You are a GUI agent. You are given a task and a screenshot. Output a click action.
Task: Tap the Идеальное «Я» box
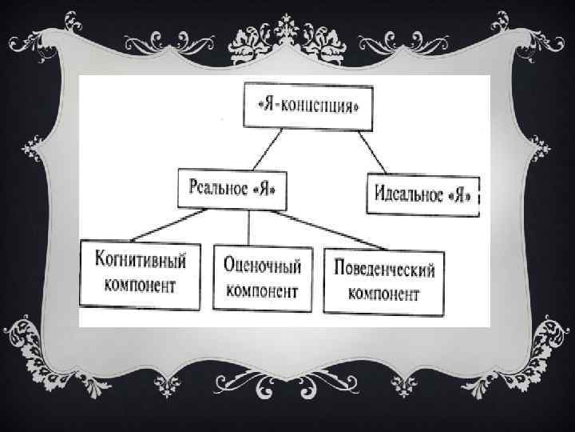[422, 193]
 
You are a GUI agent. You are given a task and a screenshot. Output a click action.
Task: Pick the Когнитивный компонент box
[141, 274]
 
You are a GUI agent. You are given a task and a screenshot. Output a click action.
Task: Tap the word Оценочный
[262, 266]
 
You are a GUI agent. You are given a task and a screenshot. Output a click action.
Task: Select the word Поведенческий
[384, 268]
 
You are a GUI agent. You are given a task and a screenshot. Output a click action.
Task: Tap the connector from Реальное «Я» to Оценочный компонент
[249, 227]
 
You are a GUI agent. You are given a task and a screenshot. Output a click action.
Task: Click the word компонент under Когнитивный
[141, 286]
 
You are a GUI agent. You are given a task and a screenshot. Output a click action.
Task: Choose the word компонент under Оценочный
[262, 289]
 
